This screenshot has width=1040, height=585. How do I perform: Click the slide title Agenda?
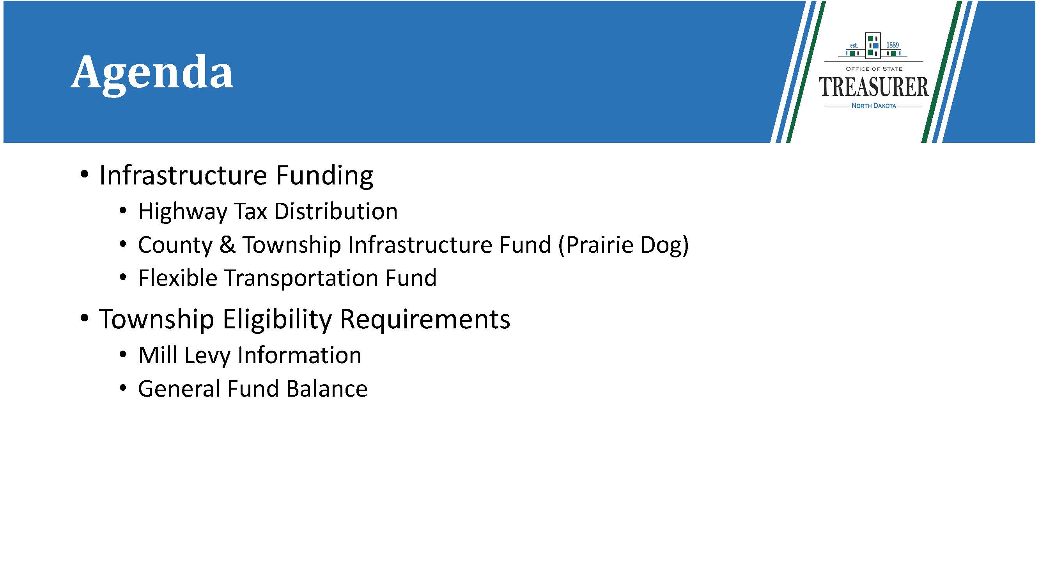tap(152, 75)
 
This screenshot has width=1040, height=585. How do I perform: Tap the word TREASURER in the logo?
tap(873, 87)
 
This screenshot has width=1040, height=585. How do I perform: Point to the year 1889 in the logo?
tap(893, 45)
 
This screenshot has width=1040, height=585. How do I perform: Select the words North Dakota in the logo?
tap(873, 106)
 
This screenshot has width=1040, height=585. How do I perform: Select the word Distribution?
tap(336, 211)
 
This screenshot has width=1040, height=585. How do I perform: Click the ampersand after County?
tap(228, 245)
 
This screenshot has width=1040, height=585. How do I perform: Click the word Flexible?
tap(178, 278)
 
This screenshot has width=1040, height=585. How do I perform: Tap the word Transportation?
tap(301, 278)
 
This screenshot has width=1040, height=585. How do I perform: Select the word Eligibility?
tap(277, 319)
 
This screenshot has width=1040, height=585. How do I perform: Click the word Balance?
tap(327, 388)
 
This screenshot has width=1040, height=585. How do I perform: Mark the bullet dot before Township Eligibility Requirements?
tap(84, 318)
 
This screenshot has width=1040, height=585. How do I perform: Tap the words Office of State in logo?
tap(873, 69)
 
